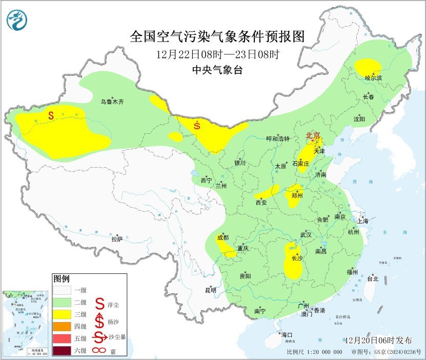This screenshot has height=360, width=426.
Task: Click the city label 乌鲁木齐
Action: point(112,102)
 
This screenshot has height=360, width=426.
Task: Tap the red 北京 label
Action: point(313,136)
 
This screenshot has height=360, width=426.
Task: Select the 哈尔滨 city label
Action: point(374,77)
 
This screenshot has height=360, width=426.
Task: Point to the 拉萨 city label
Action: point(117,238)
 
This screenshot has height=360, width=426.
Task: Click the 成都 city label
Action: point(222,237)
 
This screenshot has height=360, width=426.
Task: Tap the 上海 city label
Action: point(363,221)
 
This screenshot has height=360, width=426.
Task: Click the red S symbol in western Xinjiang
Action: point(51,116)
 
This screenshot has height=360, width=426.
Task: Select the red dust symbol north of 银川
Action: point(197,124)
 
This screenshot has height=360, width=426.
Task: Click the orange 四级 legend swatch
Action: point(62,326)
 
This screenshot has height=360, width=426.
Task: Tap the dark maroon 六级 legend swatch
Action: point(62,350)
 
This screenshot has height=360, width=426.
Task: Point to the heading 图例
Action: point(61,279)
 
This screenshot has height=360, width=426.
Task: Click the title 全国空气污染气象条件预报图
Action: point(218,36)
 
